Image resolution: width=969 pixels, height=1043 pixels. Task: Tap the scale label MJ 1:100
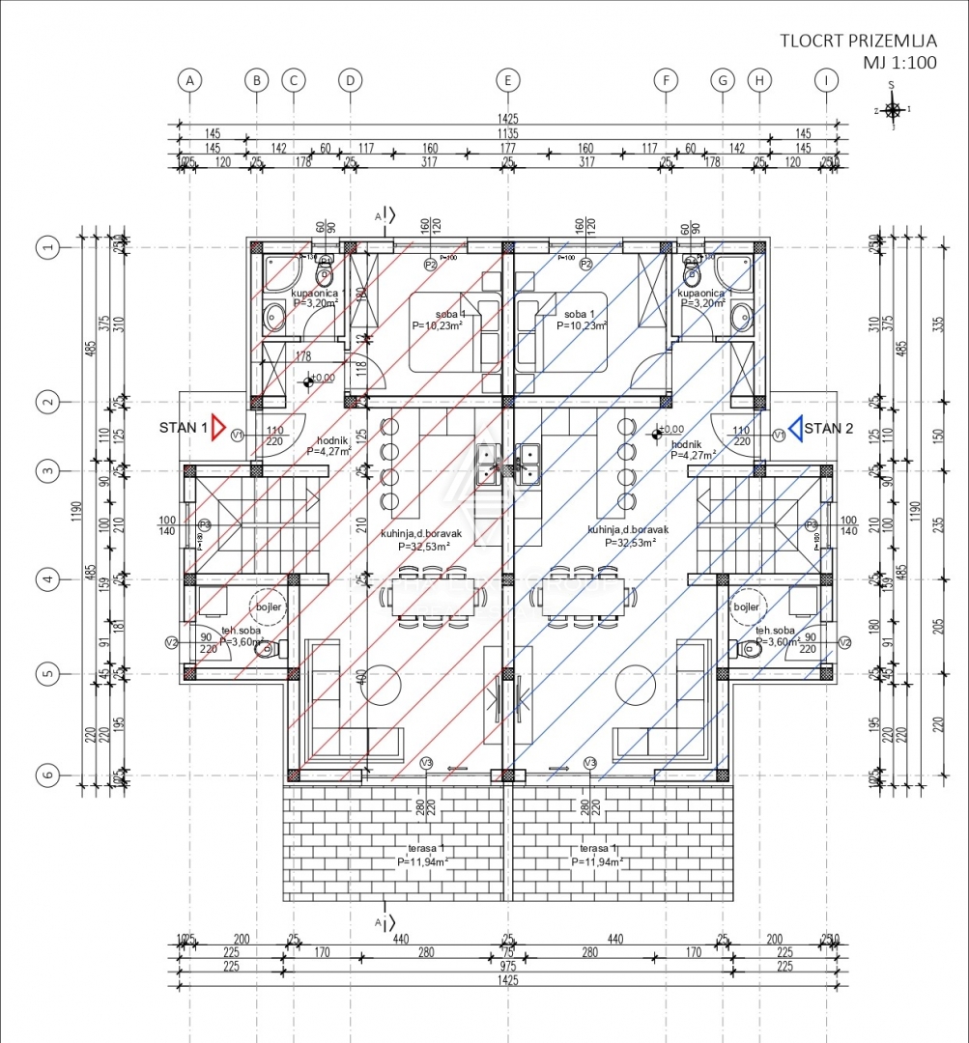(x=900, y=63)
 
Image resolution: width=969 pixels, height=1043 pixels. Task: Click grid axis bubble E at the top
(x=507, y=81)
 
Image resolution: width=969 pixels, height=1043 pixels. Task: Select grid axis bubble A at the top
(x=191, y=81)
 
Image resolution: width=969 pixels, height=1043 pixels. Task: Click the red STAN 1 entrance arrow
(x=218, y=428)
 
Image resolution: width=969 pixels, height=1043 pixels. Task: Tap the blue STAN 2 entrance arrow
(x=796, y=428)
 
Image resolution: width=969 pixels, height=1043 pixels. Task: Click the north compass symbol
(x=894, y=110)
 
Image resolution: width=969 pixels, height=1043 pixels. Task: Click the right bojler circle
(x=746, y=607)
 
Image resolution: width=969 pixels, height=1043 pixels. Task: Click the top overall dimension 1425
(x=508, y=119)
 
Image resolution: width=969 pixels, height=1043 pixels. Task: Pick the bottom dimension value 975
(x=508, y=965)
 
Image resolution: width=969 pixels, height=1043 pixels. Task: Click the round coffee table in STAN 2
(x=634, y=679)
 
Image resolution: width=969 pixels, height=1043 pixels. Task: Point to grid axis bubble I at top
(x=825, y=81)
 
